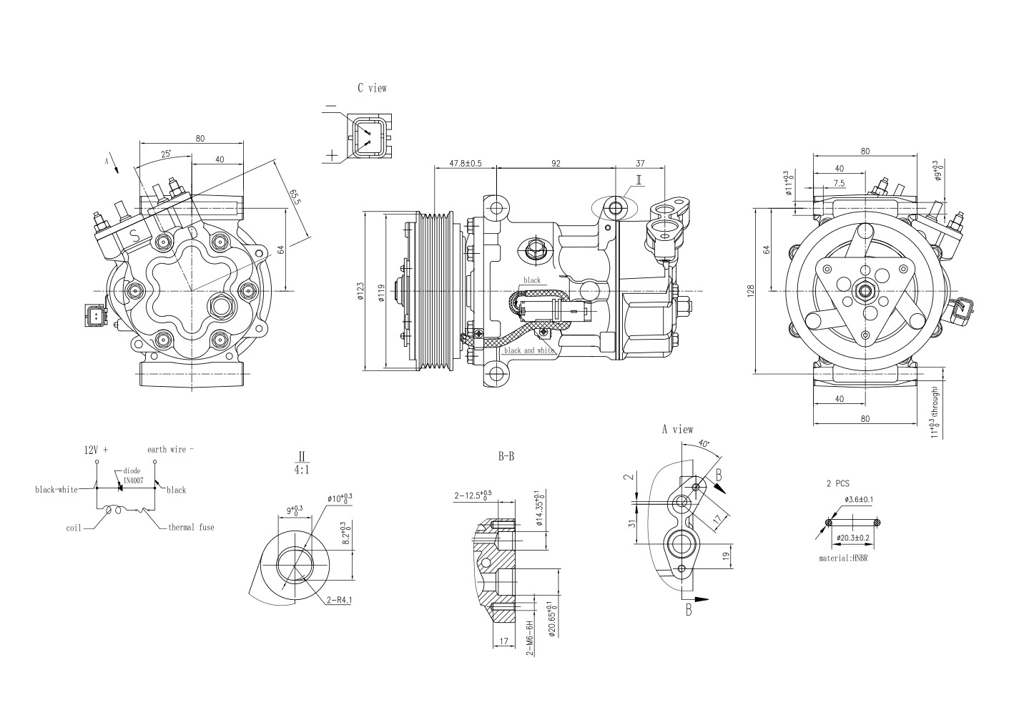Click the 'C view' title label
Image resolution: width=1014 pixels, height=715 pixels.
pyautogui.click(x=372, y=88)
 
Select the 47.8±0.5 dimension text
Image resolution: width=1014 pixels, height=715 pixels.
pyautogui.click(x=466, y=163)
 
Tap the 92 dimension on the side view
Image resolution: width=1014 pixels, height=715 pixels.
pyautogui.click(x=556, y=163)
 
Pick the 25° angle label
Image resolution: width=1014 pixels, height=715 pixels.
pyautogui.click(x=165, y=154)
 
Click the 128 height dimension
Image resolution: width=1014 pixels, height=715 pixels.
pyautogui.click(x=750, y=292)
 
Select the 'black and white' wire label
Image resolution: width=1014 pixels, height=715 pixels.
pyautogui.click(x=529, y=350)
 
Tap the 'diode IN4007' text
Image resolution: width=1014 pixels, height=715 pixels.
pyautogui.click(x=132, y=476)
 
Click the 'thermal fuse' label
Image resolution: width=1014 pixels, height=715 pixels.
pyautogui.click(x=191, y=527)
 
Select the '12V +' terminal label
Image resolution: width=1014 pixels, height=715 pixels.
pyautogui.click(x=96, y=450)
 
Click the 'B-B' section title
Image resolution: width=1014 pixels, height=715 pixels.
pyautogui.click(x=506, y=456)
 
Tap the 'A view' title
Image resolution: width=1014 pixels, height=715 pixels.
pyautogui.click(x=676, y=430)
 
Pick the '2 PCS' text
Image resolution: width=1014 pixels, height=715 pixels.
pyautogui.click(x=837, y=483)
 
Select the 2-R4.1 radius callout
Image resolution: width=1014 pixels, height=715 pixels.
pyautogui.click(x=339, y=601)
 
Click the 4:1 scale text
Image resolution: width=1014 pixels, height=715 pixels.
pyautogui.click(x=302, y=471)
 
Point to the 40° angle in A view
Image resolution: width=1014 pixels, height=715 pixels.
pyautogui.click(x=704, y=444)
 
